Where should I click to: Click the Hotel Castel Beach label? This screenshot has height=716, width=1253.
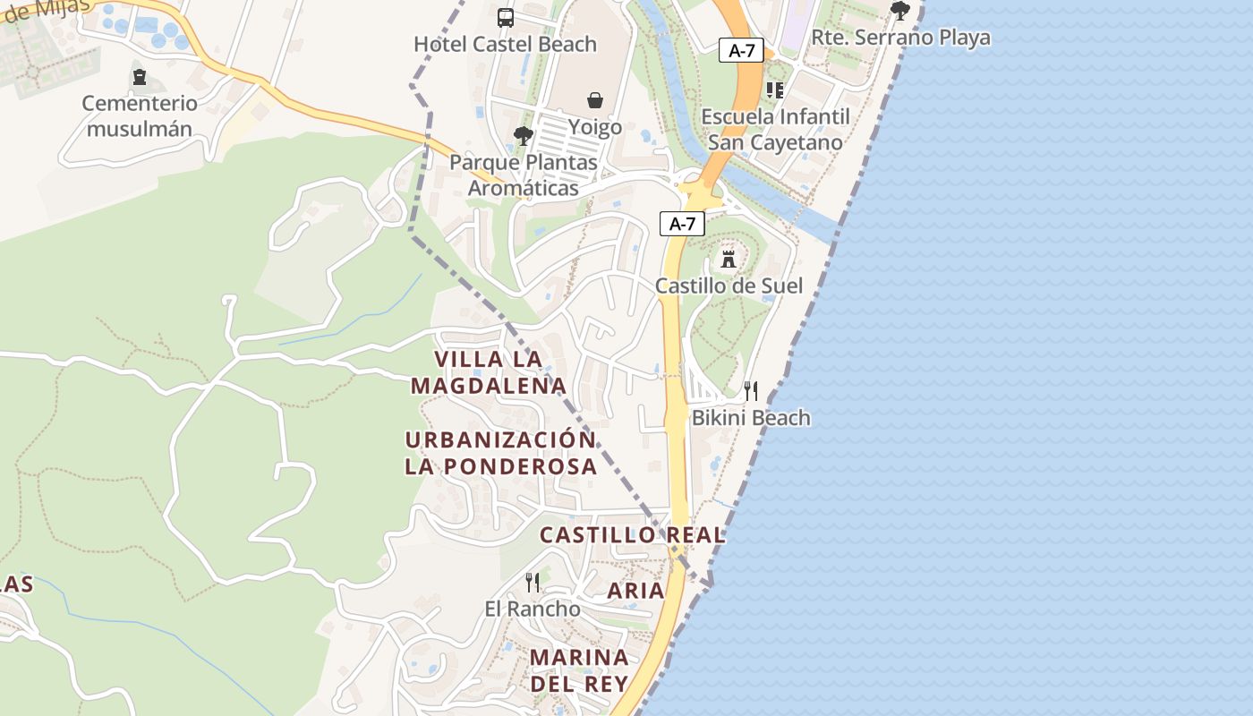[505, 44]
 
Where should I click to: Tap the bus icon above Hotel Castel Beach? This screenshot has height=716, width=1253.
[506, 17]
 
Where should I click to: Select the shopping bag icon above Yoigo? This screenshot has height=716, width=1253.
[595, 99]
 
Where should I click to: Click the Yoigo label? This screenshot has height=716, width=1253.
[595, 127]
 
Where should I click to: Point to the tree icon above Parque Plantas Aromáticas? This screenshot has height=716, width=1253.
[524, 136]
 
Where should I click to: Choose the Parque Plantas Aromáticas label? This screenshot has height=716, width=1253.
[524, 175]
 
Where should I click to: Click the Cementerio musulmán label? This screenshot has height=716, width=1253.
[140, 115]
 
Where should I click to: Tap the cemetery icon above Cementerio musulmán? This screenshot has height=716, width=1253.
[140, 77]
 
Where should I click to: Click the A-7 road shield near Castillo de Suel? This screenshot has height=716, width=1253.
[682, 224]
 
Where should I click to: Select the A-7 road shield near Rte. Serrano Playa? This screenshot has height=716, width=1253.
[741, 50]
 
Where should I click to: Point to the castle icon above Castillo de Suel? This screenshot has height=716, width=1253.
[729, 259]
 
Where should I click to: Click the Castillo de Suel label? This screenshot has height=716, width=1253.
[729, 286]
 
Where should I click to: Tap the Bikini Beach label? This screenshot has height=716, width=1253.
[751, 417]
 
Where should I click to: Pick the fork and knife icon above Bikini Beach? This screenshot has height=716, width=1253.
[751, 390]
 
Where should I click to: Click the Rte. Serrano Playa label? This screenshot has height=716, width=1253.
[900, 38]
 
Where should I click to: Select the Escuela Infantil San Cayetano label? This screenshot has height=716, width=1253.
[775, 130]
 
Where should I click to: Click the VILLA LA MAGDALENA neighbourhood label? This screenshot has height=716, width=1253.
[489, 372]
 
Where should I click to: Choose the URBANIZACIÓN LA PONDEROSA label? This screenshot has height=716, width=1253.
[500, 453]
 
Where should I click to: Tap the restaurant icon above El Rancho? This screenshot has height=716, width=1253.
[533, 583]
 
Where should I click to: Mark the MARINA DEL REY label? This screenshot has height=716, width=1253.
[579, 670]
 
